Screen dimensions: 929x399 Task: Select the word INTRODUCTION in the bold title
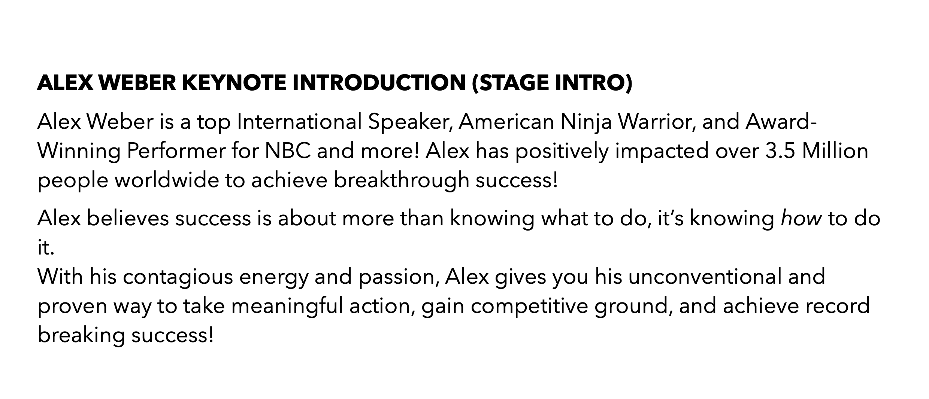pyautogui.click(x=379, y=83)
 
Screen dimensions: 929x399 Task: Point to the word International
pyautogui.click(x=300, y=122)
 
